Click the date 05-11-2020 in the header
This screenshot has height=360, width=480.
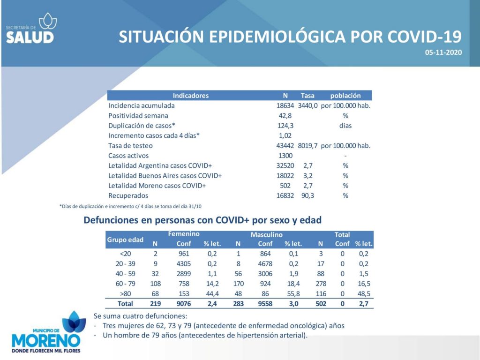(443, 52)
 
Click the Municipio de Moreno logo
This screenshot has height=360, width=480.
(46, 332)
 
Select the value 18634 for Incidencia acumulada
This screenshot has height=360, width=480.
(285, 105)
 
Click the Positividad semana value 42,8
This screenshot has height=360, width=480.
(285, 116)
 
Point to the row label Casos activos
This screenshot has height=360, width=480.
(128, 156)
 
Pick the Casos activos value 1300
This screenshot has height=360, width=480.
(285, 156)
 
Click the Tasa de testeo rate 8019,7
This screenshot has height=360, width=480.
(307, 146)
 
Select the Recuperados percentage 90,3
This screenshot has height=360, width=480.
(307, 195)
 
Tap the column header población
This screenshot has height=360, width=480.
(345, 96)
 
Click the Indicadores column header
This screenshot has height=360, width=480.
(191, 96)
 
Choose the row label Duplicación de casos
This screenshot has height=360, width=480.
(142, 126)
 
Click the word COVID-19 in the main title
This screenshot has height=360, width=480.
(424, 37)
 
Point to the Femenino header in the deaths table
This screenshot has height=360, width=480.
(184, 234)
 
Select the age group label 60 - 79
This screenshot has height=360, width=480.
(126, 284)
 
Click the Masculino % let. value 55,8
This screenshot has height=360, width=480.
(293, 294)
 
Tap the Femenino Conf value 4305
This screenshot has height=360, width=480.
(184, 264)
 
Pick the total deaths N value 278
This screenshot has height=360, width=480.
(321, 284)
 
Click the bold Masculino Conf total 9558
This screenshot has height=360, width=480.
(265, 304)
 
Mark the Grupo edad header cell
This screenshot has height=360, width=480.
(125, 240)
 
